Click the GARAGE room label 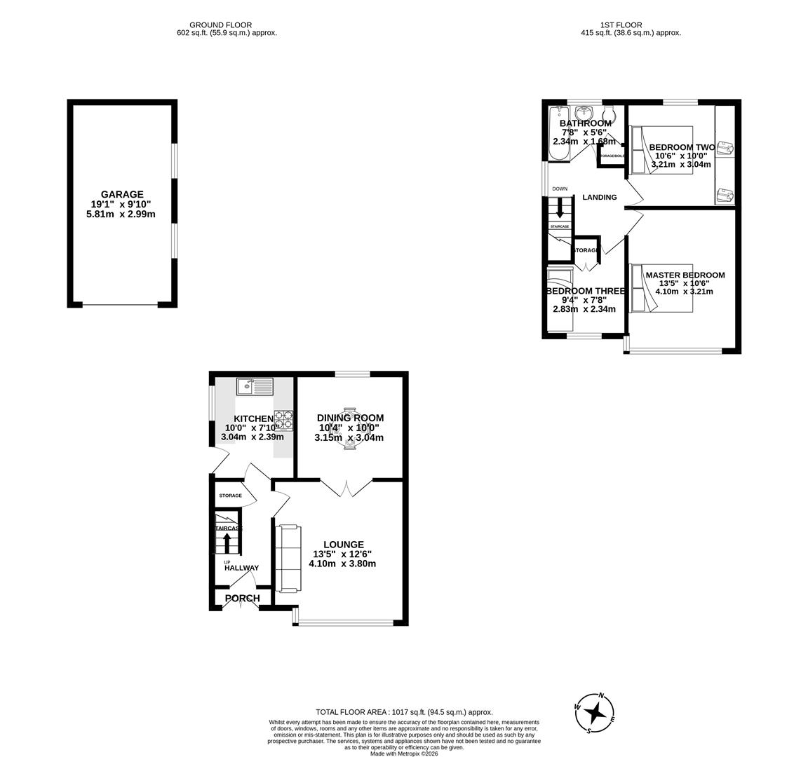click(122, 195)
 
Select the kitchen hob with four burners click(283, 420)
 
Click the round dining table click(349, 429)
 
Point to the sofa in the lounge click(288, 558)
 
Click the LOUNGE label click(344, 545)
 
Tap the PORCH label click(242, 599)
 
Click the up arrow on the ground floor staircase click(226, 542)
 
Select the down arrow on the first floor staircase click(560, 207)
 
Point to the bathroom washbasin click(584, 113)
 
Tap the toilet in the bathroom click(609, 114)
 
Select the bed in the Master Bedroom click(661, 287)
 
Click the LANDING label click(600, 198)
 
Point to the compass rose click(595, 714)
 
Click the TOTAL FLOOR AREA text click(404, 711)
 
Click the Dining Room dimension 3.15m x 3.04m click(349, 438)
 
